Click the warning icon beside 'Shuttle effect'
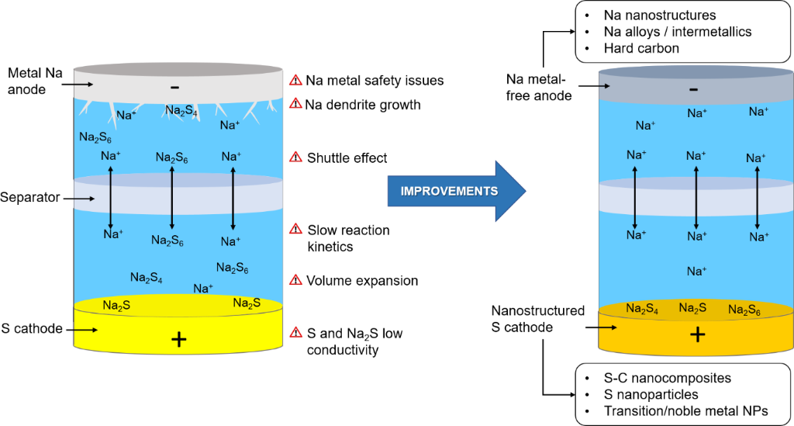pyautogui.click(x=295, y=158)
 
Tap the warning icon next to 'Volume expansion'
pyautogui.click(x=295, y=280)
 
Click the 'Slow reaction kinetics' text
pyautogui.click(x=348, y=238)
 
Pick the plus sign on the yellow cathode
pyautogui.click(x=178, y=339)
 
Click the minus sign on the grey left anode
pyautogui.click(x=176, y=85)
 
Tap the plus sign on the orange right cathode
pyautogui.click(x=697, y=334)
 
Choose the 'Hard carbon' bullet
pyautogui.click(x=641, y=48)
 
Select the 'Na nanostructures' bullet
pyautogui.click(x=659, y=15)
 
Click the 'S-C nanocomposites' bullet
pyautogui.click(x=665, y=378)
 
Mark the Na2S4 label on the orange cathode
pyautogui.click(x=642, y=309)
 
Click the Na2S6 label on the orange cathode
pyautogui.click(x=744, y=310)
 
